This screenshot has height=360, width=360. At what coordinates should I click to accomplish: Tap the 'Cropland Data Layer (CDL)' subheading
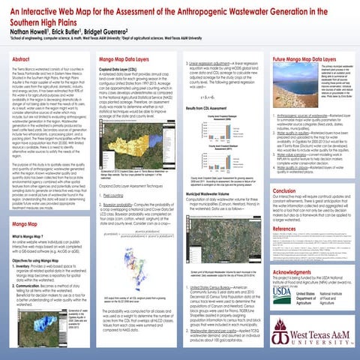[x=124, y=68]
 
